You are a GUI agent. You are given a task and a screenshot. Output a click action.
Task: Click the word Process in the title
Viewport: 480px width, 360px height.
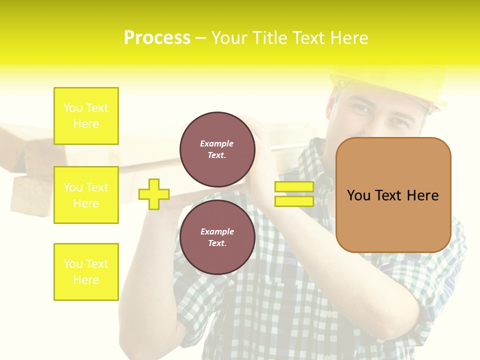coord(157,38)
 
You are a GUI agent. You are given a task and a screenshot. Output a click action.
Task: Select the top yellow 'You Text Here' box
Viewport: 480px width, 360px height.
coord(86,116)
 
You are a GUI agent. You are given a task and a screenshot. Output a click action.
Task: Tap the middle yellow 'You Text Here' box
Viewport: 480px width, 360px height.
coord(86,195)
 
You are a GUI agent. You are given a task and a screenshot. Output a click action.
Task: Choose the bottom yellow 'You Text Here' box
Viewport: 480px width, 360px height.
coord(86,272)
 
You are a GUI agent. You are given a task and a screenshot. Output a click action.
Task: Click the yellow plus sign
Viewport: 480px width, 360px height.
coord(154,194)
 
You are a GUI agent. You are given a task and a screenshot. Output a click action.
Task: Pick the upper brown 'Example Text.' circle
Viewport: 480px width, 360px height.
coord(217,149)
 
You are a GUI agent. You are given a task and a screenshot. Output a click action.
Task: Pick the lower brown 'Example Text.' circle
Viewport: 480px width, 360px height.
coord(217,237)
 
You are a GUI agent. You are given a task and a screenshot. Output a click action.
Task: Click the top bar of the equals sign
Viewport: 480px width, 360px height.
coord(294,187)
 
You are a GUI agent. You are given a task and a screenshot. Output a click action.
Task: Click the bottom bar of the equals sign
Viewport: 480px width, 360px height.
coord(294,201)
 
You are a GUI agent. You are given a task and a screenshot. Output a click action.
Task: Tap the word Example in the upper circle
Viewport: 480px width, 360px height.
coord(216,144)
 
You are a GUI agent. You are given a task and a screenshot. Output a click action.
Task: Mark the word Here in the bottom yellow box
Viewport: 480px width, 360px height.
coord(86,280)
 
